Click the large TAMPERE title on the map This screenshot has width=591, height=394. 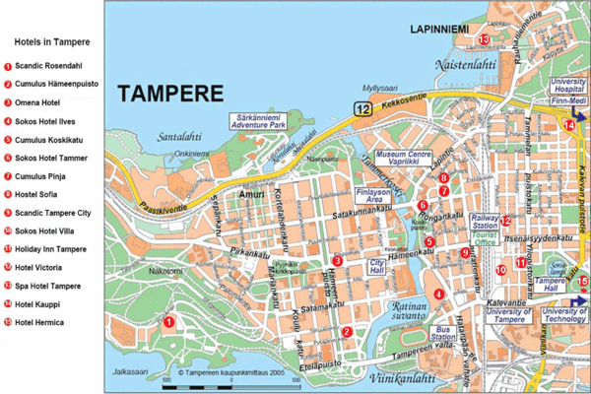[x=169, y=94]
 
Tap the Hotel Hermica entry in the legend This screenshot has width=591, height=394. [x=41, y=322]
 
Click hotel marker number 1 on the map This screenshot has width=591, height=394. [x=168, y=321]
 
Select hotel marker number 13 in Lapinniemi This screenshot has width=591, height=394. [x=485, y=39]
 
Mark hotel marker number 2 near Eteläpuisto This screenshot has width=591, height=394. [x=347, y=332]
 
